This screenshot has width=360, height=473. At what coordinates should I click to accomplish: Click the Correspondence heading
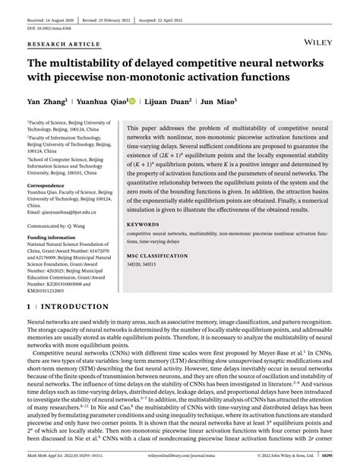pos(50,185)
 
